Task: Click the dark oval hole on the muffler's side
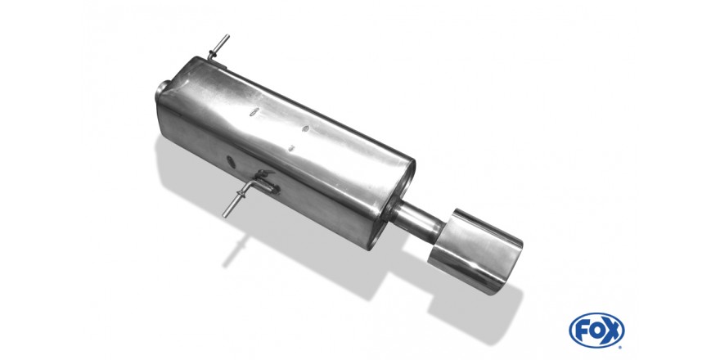(x=231, y=162)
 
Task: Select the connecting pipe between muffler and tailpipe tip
(x=416, y=219)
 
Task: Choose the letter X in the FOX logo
(x=612, y=331)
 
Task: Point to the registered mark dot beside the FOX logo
(x=621, y=347)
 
